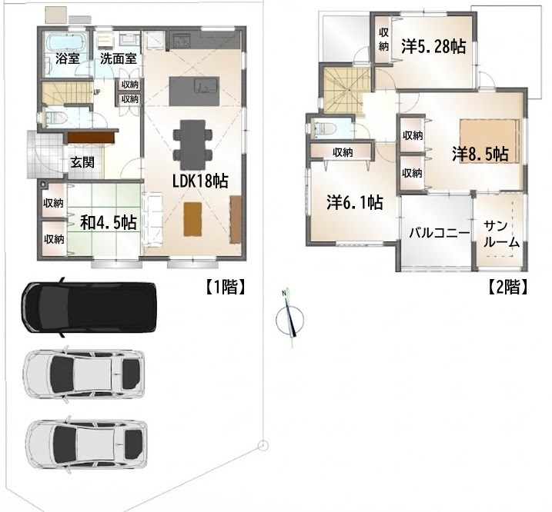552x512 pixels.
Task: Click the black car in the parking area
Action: coord(89,307)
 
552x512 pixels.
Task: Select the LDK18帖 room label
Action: coord(200,181)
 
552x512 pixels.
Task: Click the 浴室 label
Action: coord(67,58)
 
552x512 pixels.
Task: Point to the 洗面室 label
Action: coord(119,58)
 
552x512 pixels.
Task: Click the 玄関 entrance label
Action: coord(82,162)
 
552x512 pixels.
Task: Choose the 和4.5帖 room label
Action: coord(109,223)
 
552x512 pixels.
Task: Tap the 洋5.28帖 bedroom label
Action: coord(433,46)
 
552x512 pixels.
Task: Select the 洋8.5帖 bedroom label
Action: coord(480,154)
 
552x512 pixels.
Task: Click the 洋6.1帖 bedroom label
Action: coord(355,202)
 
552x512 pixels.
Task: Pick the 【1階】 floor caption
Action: coord(225,288)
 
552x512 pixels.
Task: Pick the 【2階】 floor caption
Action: coord(508,288)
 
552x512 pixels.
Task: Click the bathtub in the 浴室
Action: coord(67,42)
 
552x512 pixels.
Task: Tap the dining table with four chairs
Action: coord(193,145)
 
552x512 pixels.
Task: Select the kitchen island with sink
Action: coord(194,91)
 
